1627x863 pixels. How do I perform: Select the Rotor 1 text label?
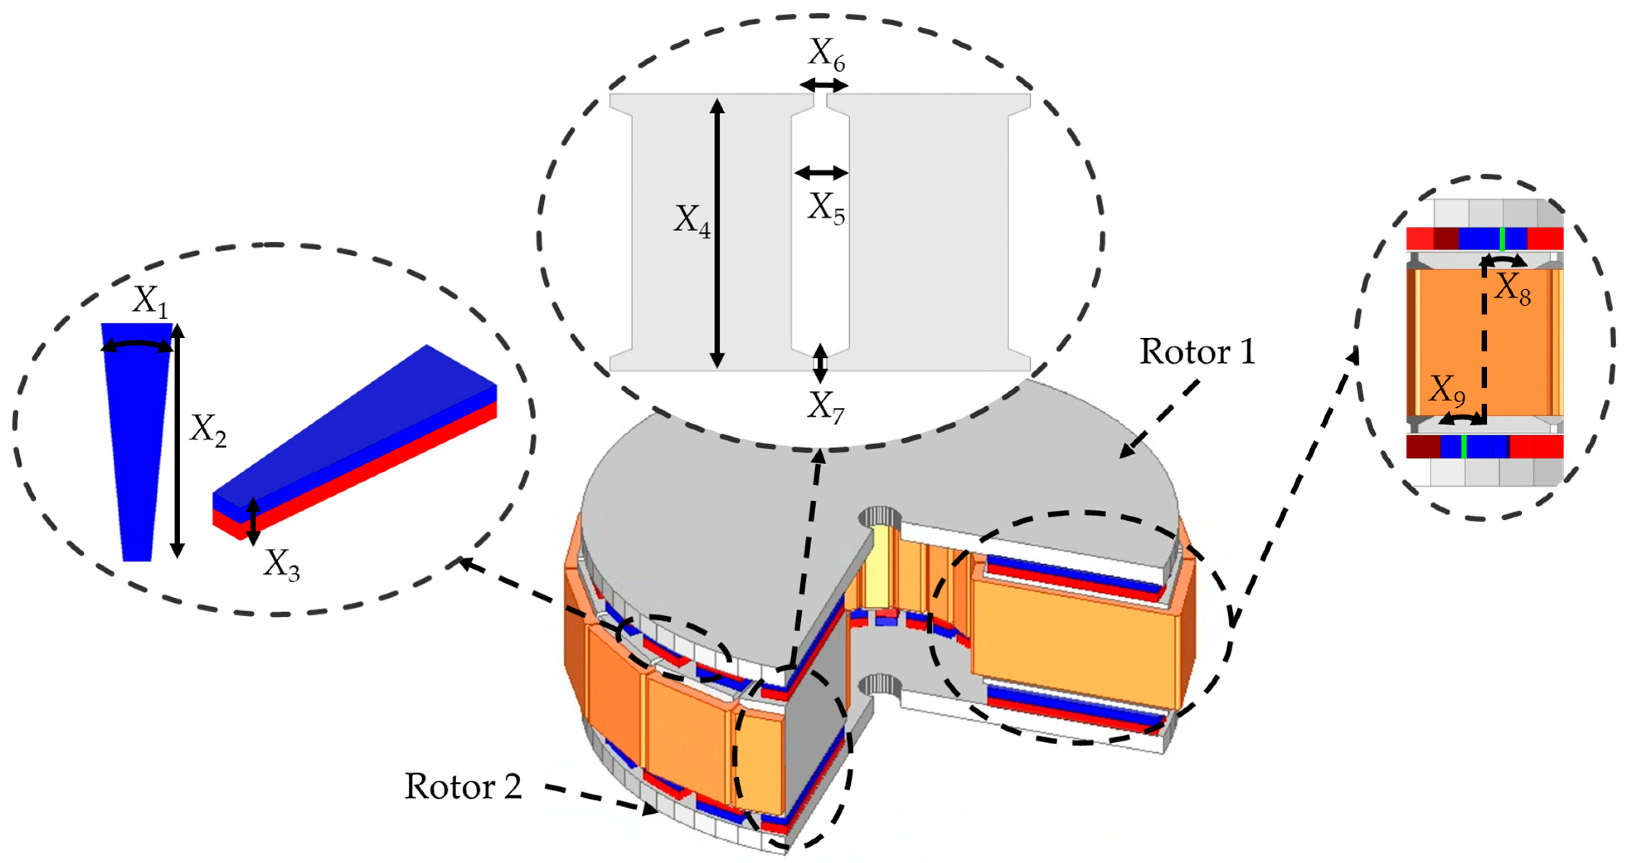pyautogui.click(x=1197, y=352)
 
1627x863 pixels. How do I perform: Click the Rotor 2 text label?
pyautogui.click(x=463, y=787)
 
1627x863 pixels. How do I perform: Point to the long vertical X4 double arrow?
pyautogui.click(x=717, y=234)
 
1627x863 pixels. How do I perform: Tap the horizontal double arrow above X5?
pyautogui.click(x=821, y=172)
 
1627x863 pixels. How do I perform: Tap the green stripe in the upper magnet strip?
pyautogui.click(x=1502, y=239)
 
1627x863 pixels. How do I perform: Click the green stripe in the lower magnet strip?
pyautogui.click(x=1463, y=446)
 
